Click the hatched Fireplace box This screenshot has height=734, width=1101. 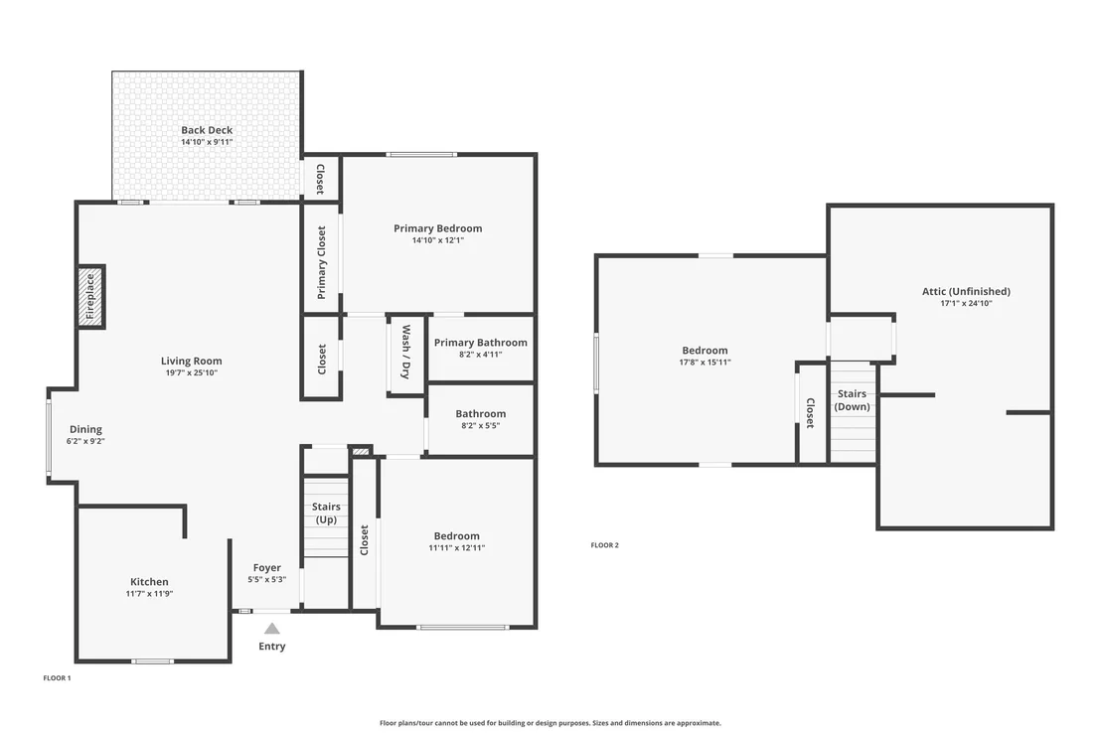click(x=90, y=296)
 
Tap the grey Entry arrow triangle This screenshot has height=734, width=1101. click(x=271, y=628)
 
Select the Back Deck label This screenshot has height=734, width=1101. click(x=207, y=130)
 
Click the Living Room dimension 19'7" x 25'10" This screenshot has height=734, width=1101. click(x=192, y=372)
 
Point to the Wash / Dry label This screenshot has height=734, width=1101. click(x=405, y=352)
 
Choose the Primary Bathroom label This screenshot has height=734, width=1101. click(x=480, y=343)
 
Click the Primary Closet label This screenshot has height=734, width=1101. click(x=322, y=262)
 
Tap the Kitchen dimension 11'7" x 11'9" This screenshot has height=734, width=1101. click(x=150, y=594)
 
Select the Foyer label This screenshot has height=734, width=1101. click(x=267, y=568)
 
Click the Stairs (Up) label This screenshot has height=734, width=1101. click(x=326, y=513)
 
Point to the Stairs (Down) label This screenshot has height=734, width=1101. click(x=852, y=400)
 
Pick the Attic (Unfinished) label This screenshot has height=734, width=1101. click(x=966, y=291)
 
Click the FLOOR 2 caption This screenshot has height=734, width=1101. click(x=604, y=545)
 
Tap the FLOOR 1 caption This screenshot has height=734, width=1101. click(x=57, y=677)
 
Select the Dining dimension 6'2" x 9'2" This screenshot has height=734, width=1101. click(x=85, y=441)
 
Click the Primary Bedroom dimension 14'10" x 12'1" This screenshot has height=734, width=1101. click(x=438, y=240)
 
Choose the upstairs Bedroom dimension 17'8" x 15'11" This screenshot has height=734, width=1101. click(x=705, y=363)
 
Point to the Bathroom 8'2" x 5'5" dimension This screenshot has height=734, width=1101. click(x=480, y=425)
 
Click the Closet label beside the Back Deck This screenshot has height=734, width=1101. click(x=320, y=179)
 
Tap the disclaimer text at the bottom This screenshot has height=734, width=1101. click(x=550, y=723)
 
